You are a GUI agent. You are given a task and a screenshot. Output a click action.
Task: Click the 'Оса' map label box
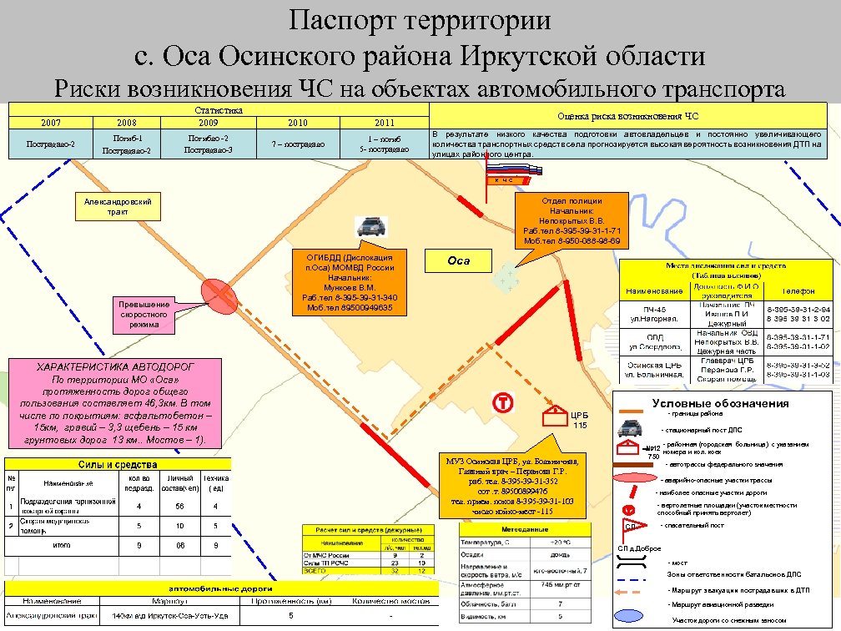[x=459, y=260]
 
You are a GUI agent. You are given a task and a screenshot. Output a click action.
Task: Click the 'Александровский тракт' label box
[x=118, y=207]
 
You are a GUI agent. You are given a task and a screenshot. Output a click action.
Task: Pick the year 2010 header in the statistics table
[x=298, y=123]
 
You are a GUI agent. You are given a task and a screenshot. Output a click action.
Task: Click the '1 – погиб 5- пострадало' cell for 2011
[x=385, y=144]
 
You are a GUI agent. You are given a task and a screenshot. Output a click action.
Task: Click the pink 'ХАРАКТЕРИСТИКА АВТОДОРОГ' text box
[x=115, y=402]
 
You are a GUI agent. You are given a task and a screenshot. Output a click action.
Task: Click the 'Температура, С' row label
[x=485, y=542]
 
